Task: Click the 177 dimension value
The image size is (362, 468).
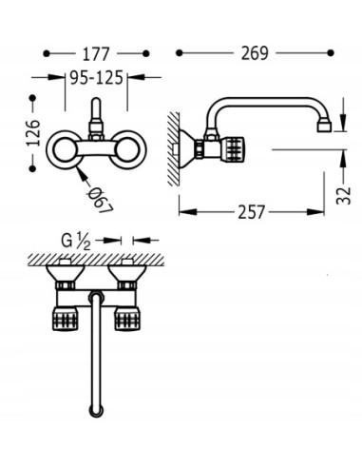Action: (96, 54)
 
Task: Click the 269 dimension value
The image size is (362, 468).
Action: (255, 53)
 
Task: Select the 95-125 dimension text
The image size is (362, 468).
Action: (96, 78)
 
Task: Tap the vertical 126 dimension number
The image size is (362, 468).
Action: (33, 132)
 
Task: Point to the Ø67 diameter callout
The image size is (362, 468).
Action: (101, 201)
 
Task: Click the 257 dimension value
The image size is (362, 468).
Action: (251, 212)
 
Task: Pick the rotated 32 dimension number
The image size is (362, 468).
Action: (344, 195)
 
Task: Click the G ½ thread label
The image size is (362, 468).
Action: (76, 242)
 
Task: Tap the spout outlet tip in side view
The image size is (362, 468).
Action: (324, 127)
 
